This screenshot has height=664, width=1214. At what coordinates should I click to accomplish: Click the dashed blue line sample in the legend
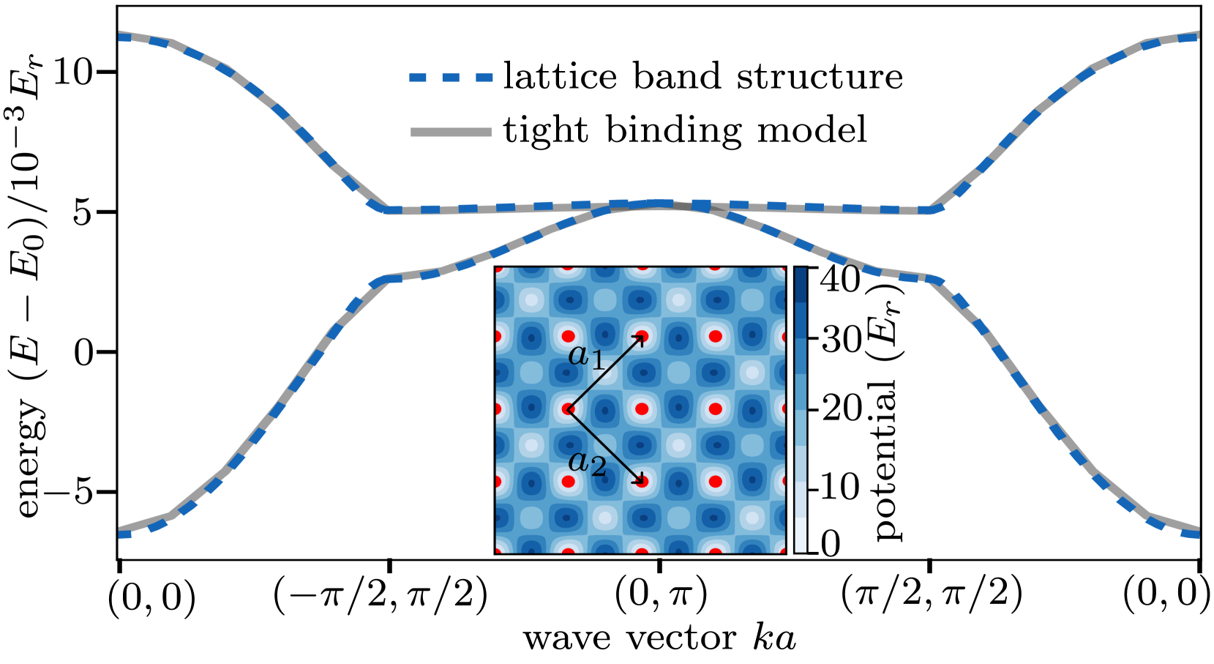451,78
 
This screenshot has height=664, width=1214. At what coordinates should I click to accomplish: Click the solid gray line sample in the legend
451,133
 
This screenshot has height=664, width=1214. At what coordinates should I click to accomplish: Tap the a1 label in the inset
586,357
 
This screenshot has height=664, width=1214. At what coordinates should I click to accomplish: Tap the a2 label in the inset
587,463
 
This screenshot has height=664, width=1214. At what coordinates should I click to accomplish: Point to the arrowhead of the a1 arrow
642,337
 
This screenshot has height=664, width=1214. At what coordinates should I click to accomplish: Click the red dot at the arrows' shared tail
569,409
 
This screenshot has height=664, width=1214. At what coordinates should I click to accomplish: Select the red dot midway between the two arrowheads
642,409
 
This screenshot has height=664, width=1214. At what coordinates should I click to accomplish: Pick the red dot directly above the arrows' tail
569,337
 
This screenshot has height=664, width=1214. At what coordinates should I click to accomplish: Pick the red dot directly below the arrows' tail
569,482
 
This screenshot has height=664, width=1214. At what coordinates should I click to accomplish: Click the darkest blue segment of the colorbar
801,285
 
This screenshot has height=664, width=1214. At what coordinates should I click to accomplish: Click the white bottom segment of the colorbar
801,535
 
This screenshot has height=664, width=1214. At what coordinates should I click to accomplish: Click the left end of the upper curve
121,36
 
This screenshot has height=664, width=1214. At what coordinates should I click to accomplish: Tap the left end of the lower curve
121,532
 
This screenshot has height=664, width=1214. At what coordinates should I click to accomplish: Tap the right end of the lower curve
1197,532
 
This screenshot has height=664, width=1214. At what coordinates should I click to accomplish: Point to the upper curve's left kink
388,210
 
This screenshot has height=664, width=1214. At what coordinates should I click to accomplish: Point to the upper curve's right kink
931,210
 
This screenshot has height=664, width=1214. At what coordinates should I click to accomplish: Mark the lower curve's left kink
388,278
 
